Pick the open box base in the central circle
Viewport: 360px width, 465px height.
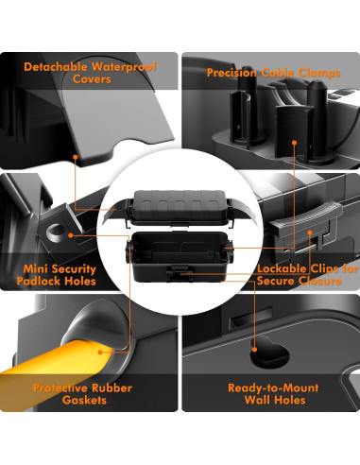point(180,260)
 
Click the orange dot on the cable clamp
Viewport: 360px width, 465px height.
point(295,145)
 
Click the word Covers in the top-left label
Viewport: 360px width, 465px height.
point(91,79)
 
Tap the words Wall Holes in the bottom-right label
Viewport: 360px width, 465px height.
point(273,401)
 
